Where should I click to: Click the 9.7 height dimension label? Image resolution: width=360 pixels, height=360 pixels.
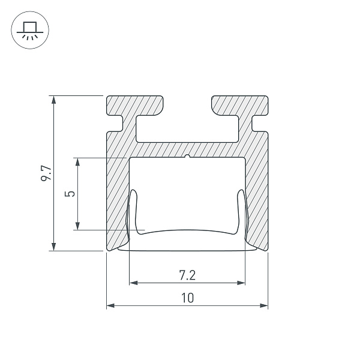(x=46, y=173)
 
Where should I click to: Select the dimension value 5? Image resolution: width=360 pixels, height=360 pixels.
(x=70, y=194)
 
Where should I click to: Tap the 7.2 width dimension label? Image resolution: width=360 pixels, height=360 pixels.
(x=187, y=275)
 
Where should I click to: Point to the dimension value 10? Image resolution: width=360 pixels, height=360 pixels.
(x=188, y=298)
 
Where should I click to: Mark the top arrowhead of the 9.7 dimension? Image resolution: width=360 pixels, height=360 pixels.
(x=54, y=100)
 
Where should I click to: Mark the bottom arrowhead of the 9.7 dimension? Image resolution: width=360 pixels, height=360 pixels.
(x=54, y=247)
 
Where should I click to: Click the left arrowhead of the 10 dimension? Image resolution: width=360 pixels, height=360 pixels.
(x=110, y=305)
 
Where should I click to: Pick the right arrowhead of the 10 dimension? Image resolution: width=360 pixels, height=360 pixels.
(x=263, y=305)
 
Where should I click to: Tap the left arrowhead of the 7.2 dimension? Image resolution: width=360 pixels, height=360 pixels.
(x=134, y=283)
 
